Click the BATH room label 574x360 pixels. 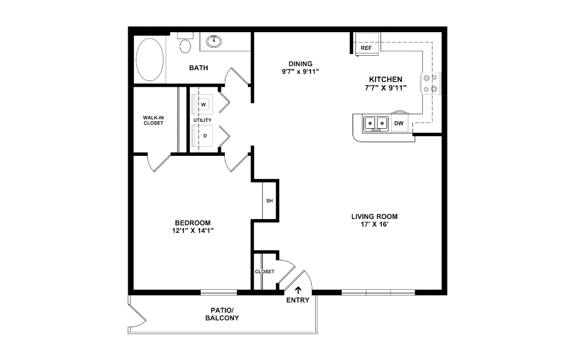point(198,68)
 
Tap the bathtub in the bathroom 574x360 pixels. point(150,60)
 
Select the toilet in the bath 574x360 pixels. point(186,43)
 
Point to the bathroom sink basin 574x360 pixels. point(214,41)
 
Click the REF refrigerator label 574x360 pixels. point(366,48)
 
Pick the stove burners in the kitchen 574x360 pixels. point(430,83)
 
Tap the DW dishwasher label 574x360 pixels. point(399,123)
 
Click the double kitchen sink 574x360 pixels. point(376,124)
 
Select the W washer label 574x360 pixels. point(204,105)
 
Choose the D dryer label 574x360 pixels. point(205,136)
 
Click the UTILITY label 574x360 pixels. point(202,120)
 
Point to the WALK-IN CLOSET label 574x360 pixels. point(154,120)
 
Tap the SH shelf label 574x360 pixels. point(269,201)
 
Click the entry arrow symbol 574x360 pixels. point(299,290)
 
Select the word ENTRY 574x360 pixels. point(297,300)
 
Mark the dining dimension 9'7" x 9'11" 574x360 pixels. point(300,72)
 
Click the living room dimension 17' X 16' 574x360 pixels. point(374,224)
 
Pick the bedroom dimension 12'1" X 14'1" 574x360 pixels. point(193,231)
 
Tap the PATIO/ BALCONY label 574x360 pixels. point(222,314)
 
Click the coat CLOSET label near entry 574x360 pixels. point(265,271)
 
